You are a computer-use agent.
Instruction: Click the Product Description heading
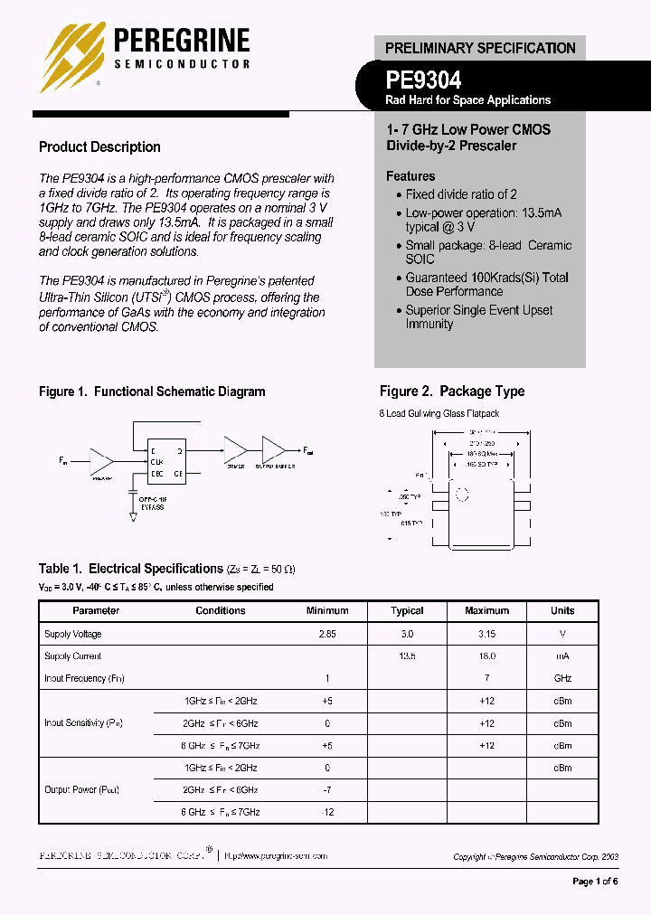click(x=99, y=147)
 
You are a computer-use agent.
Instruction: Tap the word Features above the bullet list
click(x=410, y=176)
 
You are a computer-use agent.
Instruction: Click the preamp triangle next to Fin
click(x=101, y=461)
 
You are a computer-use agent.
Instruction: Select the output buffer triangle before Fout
click(x=273, y=449)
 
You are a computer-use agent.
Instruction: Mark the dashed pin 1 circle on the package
click(x=462, y=495)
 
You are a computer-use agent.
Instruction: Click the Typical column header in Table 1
click(x=407, y=611)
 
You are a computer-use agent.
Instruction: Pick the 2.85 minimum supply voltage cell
click(x=327, y=635)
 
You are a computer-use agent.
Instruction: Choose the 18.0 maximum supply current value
click(x=487, y=656)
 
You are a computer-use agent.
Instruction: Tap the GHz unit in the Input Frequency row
click(x=562, y=678)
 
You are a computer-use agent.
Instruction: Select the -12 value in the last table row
click(x=327, y=812)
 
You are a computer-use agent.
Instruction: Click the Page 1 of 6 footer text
click(x=596, y=882)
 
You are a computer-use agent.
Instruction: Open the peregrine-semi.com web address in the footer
click(x=275, y=855)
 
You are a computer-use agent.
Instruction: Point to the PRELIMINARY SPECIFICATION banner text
click(x=480, y=48)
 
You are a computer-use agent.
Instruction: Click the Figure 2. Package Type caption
click(x=452, y=391)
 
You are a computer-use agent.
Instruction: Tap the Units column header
click(x=562, y=611)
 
